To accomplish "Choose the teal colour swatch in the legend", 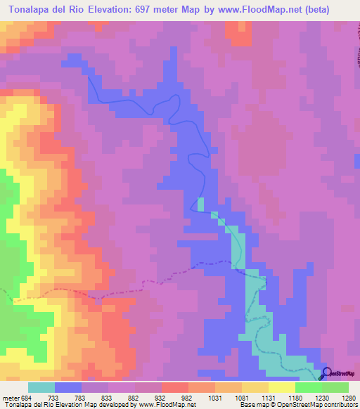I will pyautogui.click(x=41, y=387).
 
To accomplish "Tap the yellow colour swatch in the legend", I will pyautogui.click(x=281, y=387).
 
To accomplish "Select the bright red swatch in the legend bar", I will pyautogui.click(x=174, y=387).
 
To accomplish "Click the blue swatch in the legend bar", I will pyautogui.click(x=67, y=387).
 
